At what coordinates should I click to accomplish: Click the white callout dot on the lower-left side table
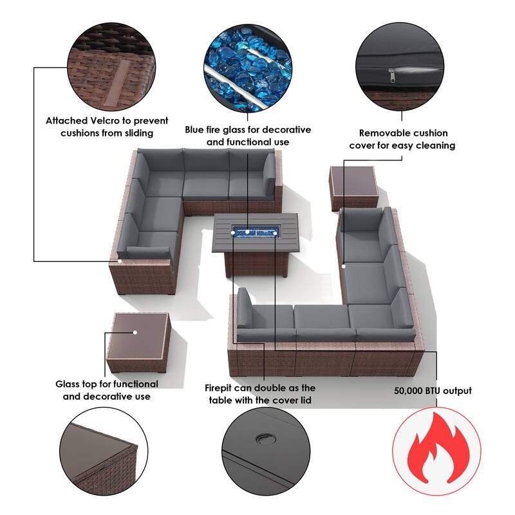135,332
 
